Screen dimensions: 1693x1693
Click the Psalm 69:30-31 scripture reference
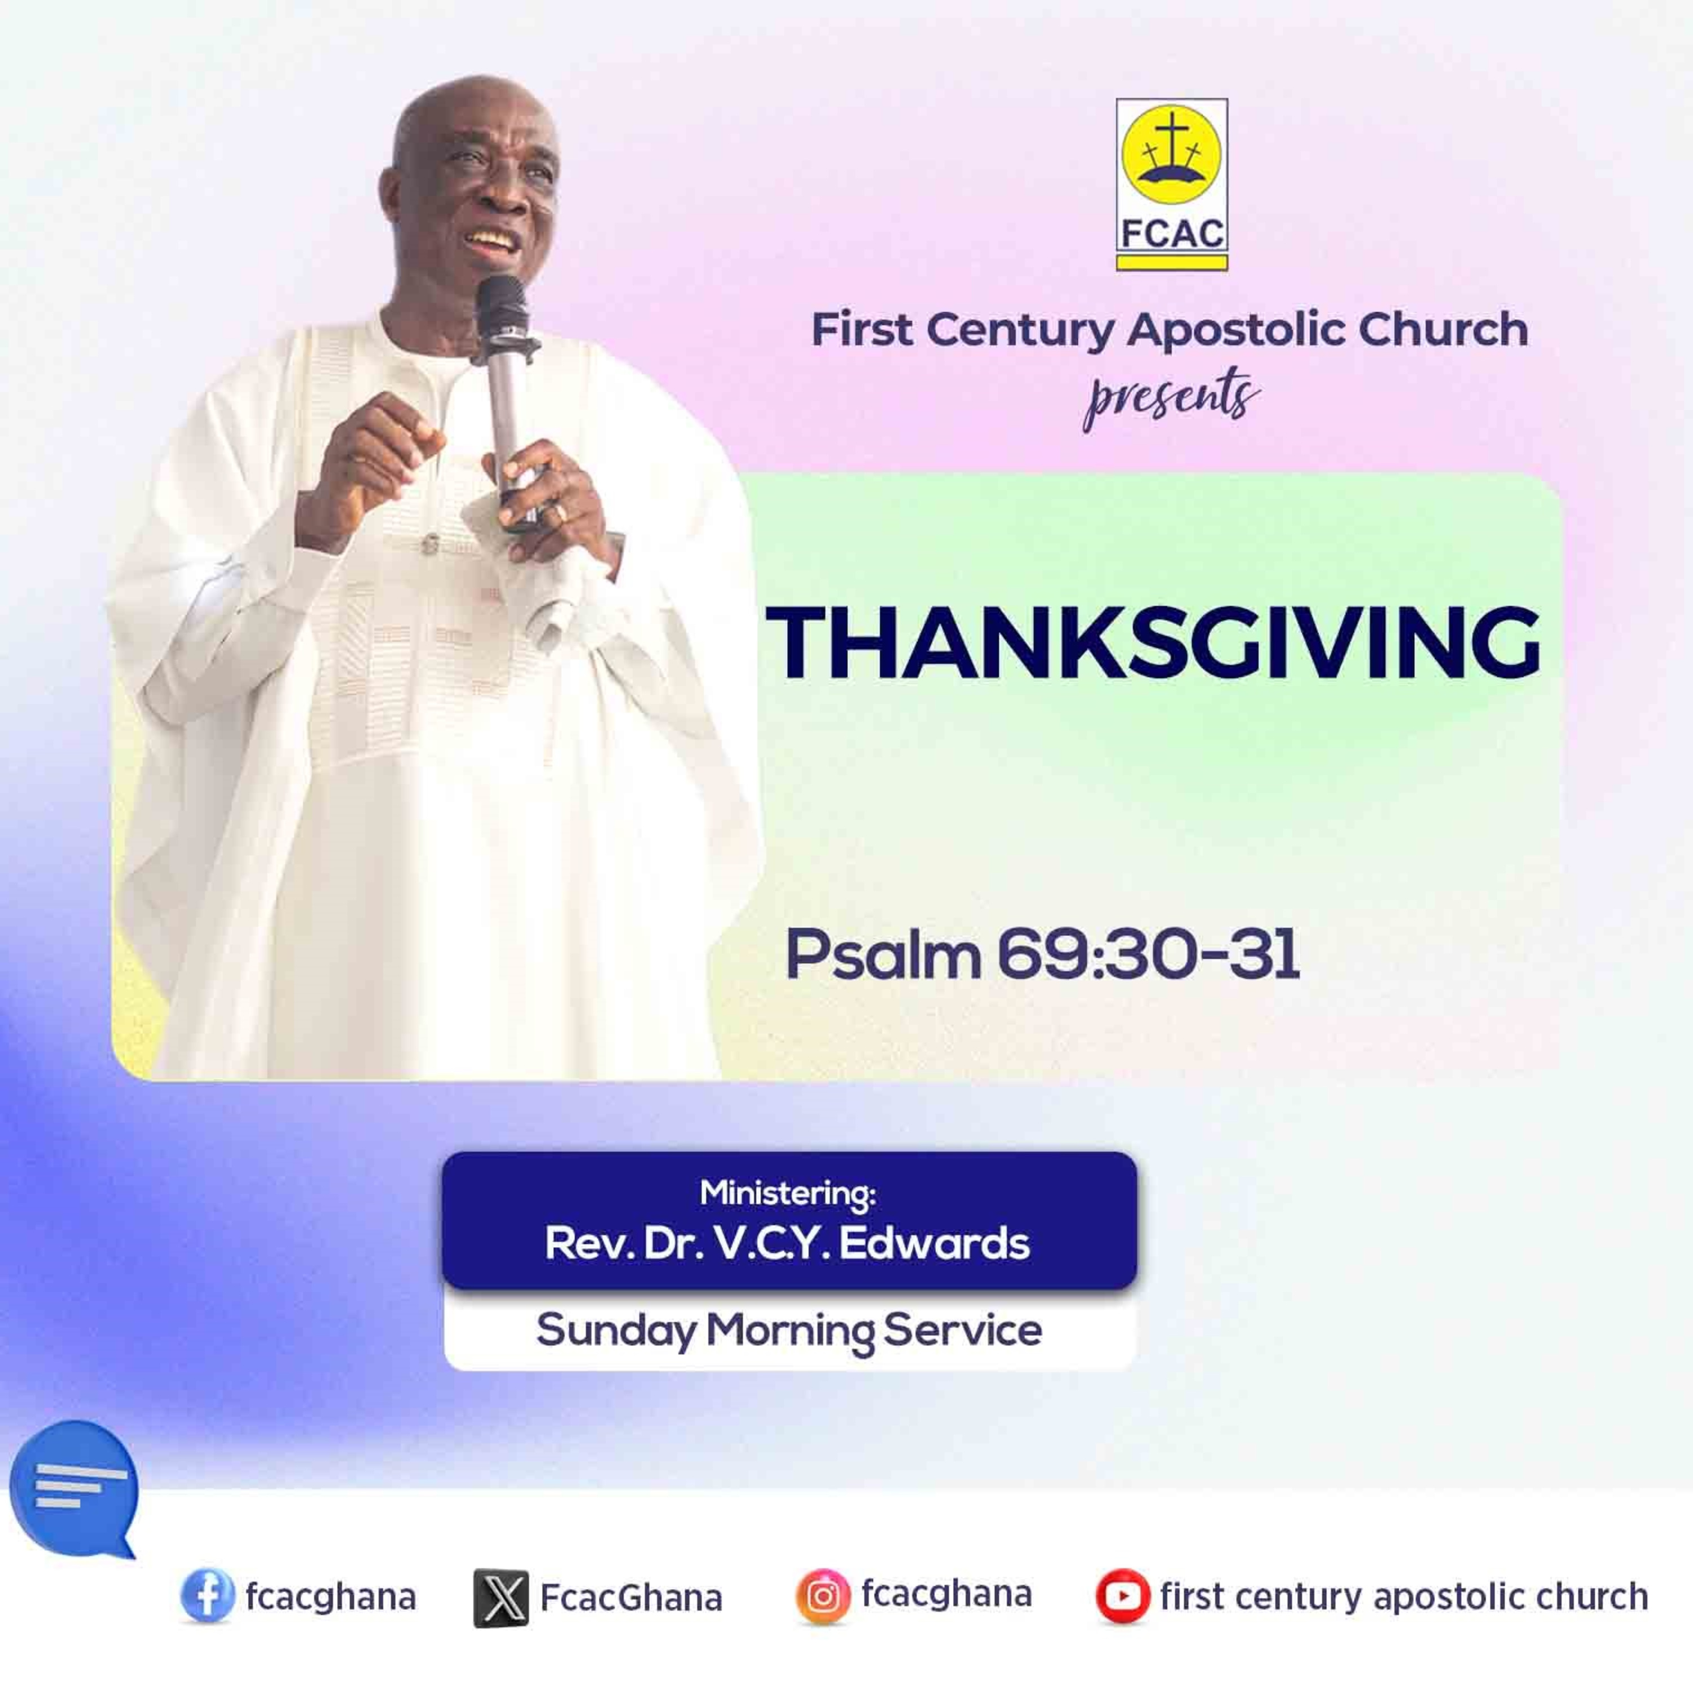coord(1042,956)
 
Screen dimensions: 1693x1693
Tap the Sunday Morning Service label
coord(789,1330)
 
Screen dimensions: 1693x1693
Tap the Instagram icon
coord(823,1596)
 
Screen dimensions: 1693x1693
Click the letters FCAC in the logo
coord(1172,234)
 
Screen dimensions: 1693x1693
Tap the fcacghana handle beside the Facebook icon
coord(330,1596)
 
